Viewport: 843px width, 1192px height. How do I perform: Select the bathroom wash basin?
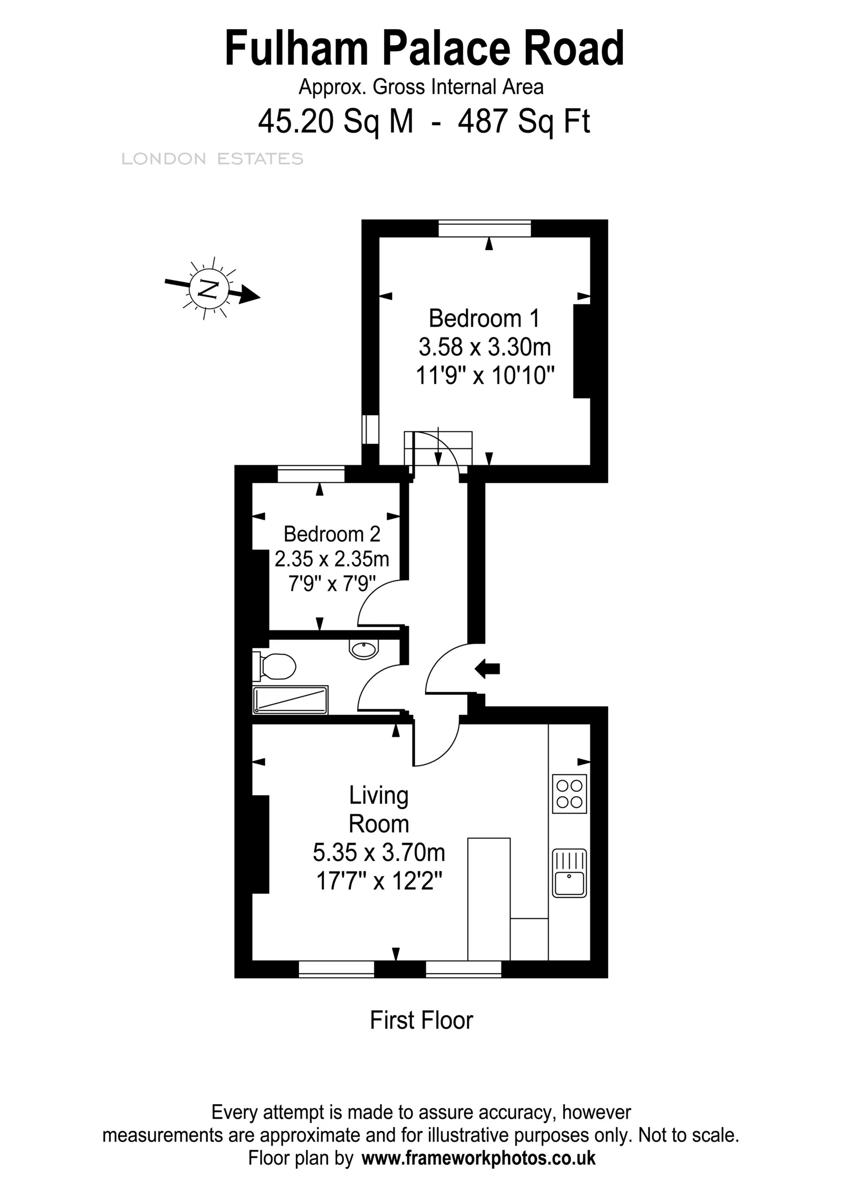(x=363, y=649)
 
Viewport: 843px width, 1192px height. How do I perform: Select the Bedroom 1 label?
(x=484, y=318)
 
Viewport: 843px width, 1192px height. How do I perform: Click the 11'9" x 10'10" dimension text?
(x=485, y=375)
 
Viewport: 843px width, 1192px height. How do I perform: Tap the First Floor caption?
(x=421, y=1020)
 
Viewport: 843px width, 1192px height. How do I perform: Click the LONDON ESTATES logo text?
(x=212, y=159)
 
